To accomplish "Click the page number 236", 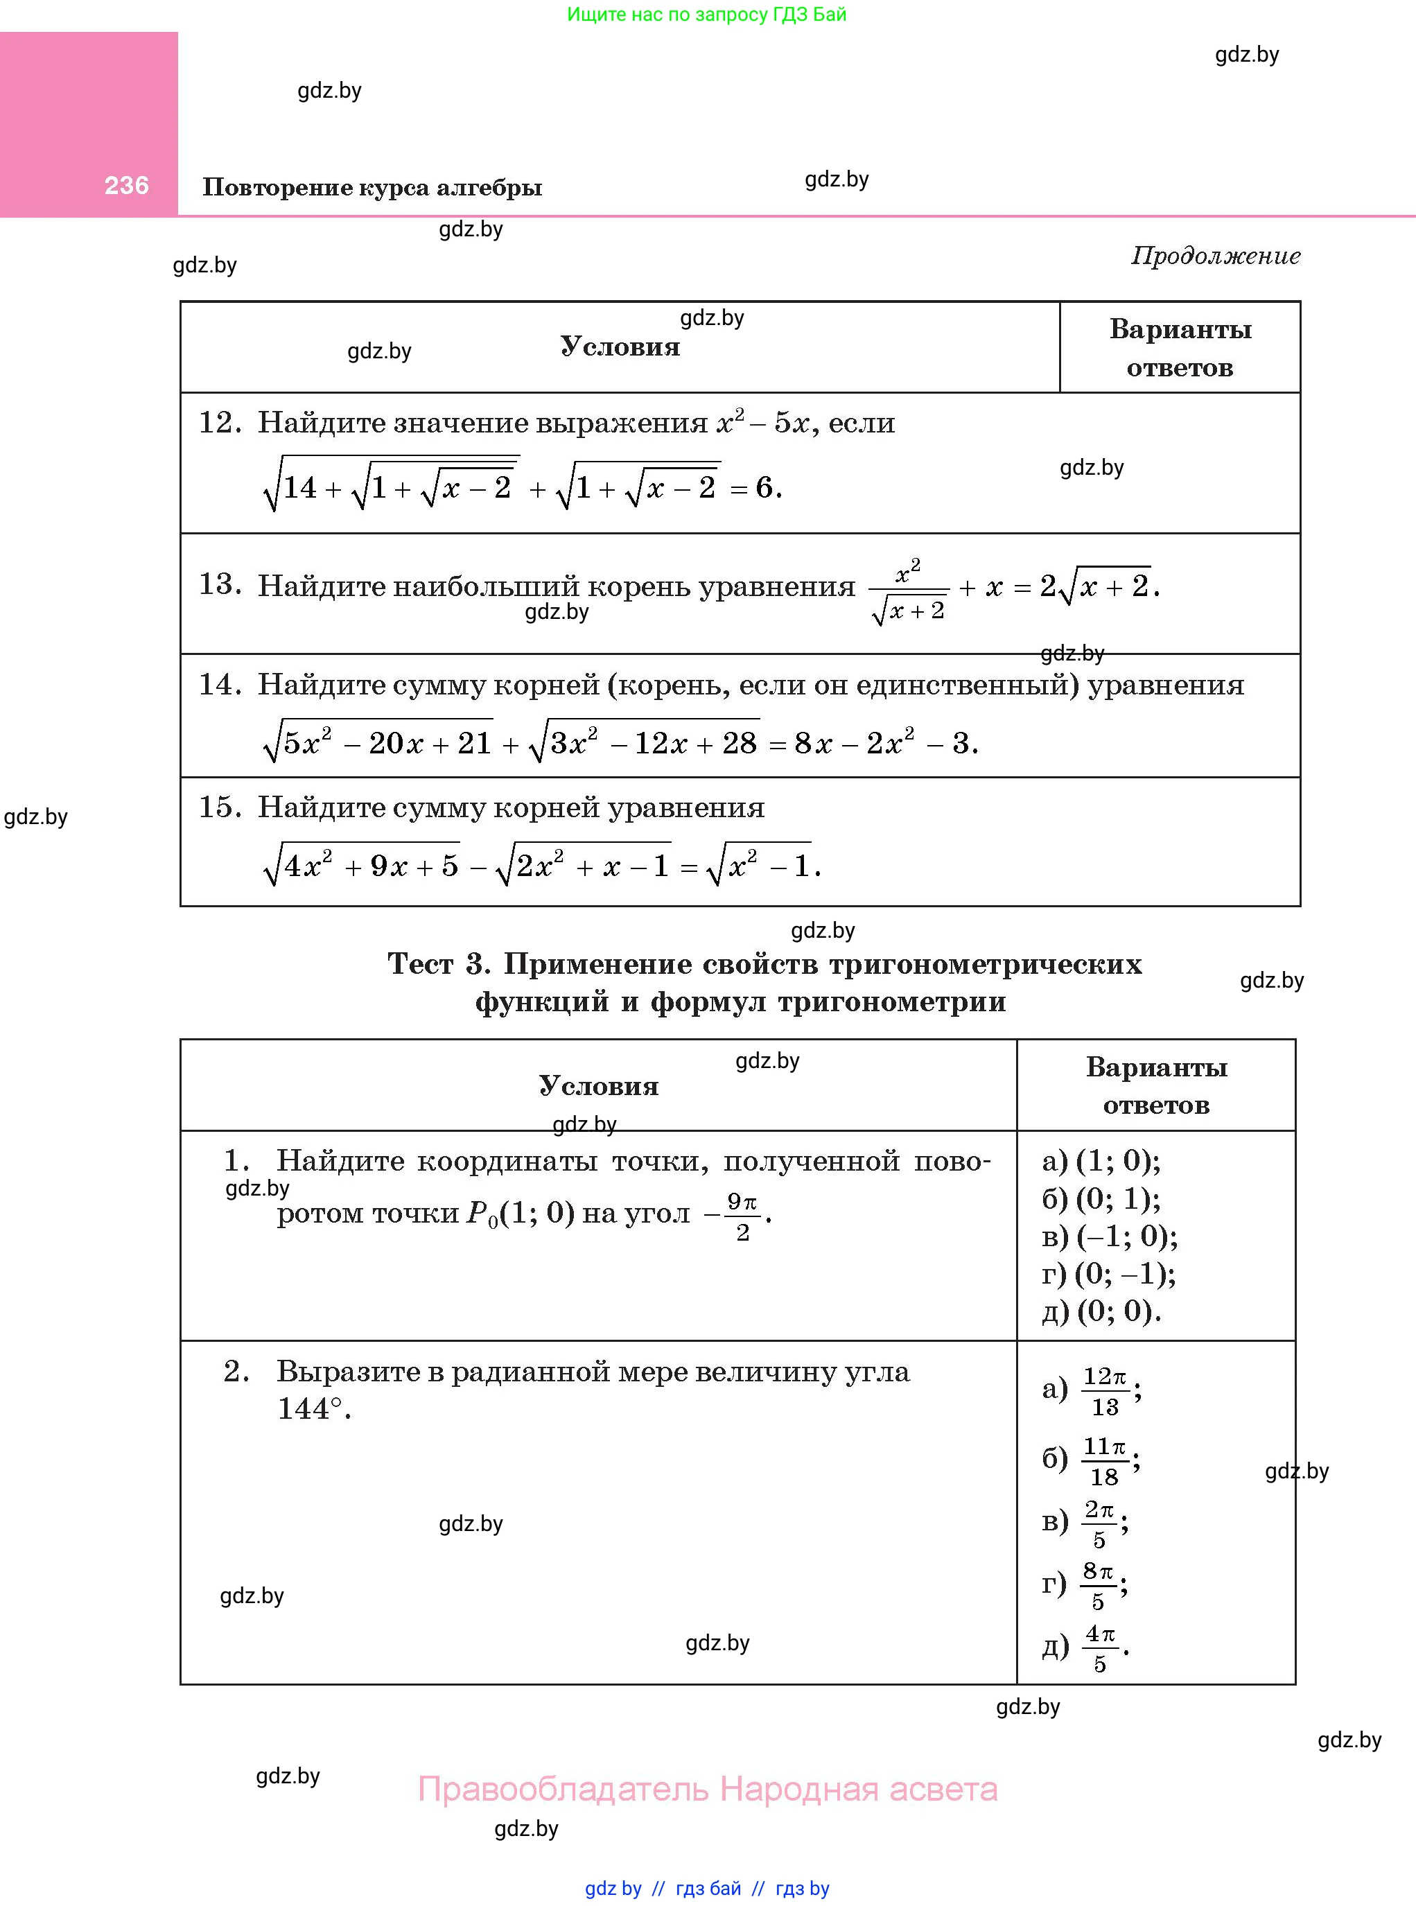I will [x=126, y=185].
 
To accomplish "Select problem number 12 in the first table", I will [x=220, y=423].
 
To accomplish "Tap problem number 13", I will [x=220, y=584].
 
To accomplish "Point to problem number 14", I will [x=220, y=684].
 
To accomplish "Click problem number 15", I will [x=220, y=807].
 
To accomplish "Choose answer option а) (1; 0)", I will [x=1101, y=1160].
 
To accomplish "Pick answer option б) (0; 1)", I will [x=1101, y=1198].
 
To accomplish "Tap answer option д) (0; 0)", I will [x=1101, y=1311].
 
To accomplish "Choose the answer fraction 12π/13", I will [x=1105, y=1391].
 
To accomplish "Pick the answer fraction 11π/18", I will [x=1105, y=1461].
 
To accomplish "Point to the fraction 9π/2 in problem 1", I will [x=742, y=1217].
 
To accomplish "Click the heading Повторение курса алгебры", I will [x=372, y=187].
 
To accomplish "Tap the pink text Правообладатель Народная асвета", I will [x=707, y=1790].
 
